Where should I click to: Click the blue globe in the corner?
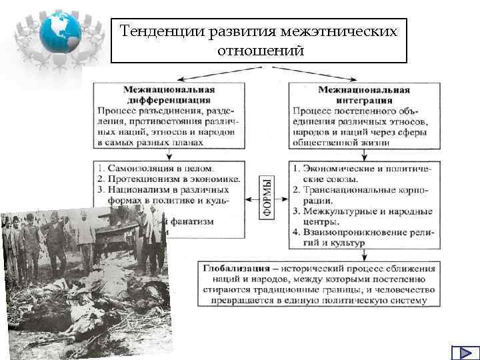59,31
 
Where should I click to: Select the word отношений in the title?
259,51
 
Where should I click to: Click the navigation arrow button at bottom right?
461,353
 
